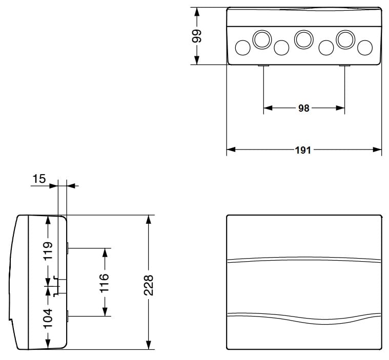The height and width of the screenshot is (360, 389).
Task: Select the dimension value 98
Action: [x=303, y=108]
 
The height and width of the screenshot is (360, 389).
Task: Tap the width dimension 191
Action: [x=303, y=150]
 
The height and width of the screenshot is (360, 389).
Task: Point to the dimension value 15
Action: [x=39, y=179]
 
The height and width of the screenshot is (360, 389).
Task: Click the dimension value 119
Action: [x=48, y=251]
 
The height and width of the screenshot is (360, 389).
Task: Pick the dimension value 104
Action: [x=48, y=319]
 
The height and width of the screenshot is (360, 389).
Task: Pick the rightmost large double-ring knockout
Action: [x=344, y=38]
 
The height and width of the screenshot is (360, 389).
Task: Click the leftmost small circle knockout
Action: [x=242, y=48]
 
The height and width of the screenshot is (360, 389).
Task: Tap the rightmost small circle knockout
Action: [x=364, y=48]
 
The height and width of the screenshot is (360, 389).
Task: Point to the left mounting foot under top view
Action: [x=263, y=66]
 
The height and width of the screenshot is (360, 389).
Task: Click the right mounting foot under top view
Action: [x=344, y=66]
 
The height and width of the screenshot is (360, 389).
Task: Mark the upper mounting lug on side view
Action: [x=67, y=248]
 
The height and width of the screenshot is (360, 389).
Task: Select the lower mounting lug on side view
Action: [x=67, y=316]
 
